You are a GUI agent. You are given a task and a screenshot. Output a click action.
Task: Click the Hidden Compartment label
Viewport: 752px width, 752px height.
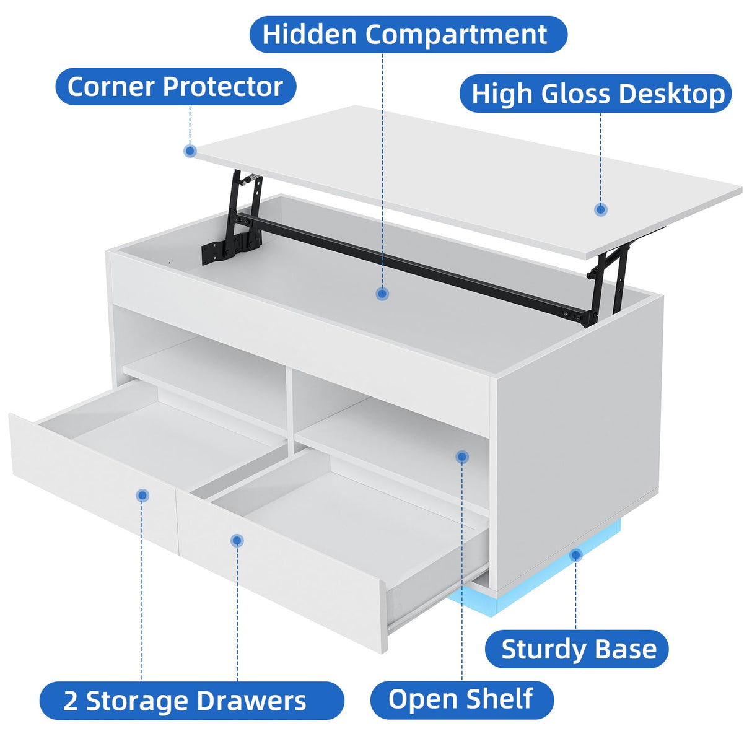pyautogui.click(x=408, y=34)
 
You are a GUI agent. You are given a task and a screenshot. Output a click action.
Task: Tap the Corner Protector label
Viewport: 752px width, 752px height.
pyautogui.click(x=175, y=86)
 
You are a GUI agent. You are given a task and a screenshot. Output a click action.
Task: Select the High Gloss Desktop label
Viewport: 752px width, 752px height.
pyautogui.click(x=595, y=94)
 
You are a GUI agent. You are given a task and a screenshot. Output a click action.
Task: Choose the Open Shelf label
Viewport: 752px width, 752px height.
pyautogui.click(x=461, y=699)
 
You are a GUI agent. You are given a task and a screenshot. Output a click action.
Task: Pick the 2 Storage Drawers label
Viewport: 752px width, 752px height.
pyautogui.click(x=191, y=701)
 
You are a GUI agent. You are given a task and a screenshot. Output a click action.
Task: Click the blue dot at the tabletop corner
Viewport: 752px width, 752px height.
pyautogui.click(x=190, y=151)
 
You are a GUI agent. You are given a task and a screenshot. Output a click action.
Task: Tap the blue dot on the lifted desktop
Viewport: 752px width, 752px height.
pyautogui.click(x=601, y=209)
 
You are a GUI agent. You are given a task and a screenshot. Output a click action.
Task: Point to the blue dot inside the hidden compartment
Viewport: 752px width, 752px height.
pyautogui.click(x=382, y=294)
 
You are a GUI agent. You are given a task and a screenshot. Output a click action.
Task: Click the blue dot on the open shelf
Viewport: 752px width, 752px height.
pyautogui.click(x=462, y=456)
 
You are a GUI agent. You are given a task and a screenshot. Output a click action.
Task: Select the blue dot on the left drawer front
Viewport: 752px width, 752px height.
pyautogui.click(x=142, y=495)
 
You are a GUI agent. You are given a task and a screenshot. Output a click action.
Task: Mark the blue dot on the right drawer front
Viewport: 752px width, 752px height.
pyautogui.click(x=237, y=541)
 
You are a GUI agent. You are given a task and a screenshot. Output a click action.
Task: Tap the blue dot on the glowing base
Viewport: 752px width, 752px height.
pyautogui.click(x=576, y=554)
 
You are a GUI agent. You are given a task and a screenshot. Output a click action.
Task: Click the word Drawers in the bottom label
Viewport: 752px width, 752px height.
pyautogui.click(x=251, y=701)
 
